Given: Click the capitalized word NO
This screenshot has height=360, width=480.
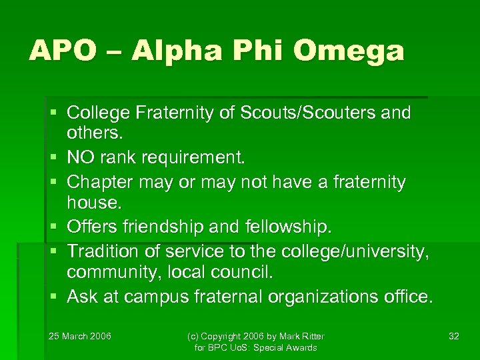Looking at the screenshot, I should [x=82, y=158].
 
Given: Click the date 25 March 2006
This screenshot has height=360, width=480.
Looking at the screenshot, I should [x=80, y=336].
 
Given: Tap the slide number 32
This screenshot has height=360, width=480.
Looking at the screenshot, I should [x=454, y=336].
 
